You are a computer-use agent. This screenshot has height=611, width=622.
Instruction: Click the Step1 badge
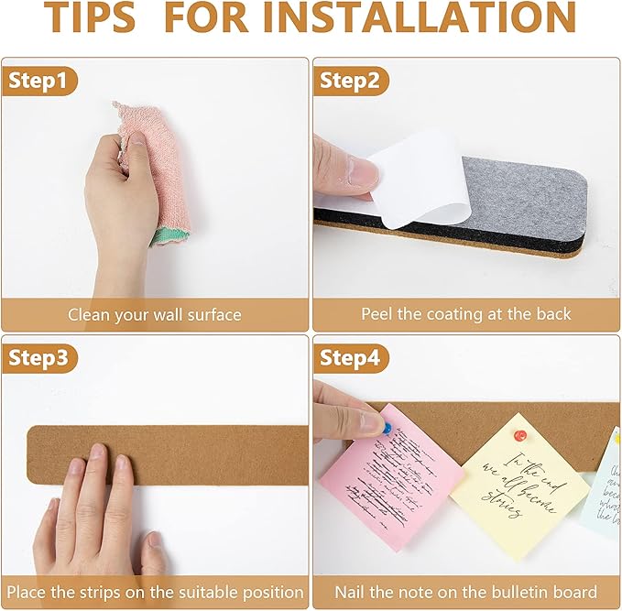click(38, 81)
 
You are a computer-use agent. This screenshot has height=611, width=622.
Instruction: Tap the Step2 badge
click(349, 81)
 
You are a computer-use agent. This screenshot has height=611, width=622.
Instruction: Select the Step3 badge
click(38, 358)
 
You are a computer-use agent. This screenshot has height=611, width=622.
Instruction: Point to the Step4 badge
click(349, 358)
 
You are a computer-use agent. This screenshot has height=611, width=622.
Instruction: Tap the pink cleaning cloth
click(156, 165)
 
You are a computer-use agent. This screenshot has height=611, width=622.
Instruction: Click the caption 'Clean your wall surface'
click(155, 314)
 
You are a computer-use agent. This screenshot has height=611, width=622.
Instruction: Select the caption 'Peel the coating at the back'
click(465, 314)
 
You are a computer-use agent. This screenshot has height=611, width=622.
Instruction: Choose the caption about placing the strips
click(155, 592)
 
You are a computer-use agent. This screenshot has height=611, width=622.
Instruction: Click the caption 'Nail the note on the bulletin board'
click(465, 592)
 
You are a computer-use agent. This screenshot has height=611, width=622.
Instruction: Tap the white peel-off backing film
click(417, 174)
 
